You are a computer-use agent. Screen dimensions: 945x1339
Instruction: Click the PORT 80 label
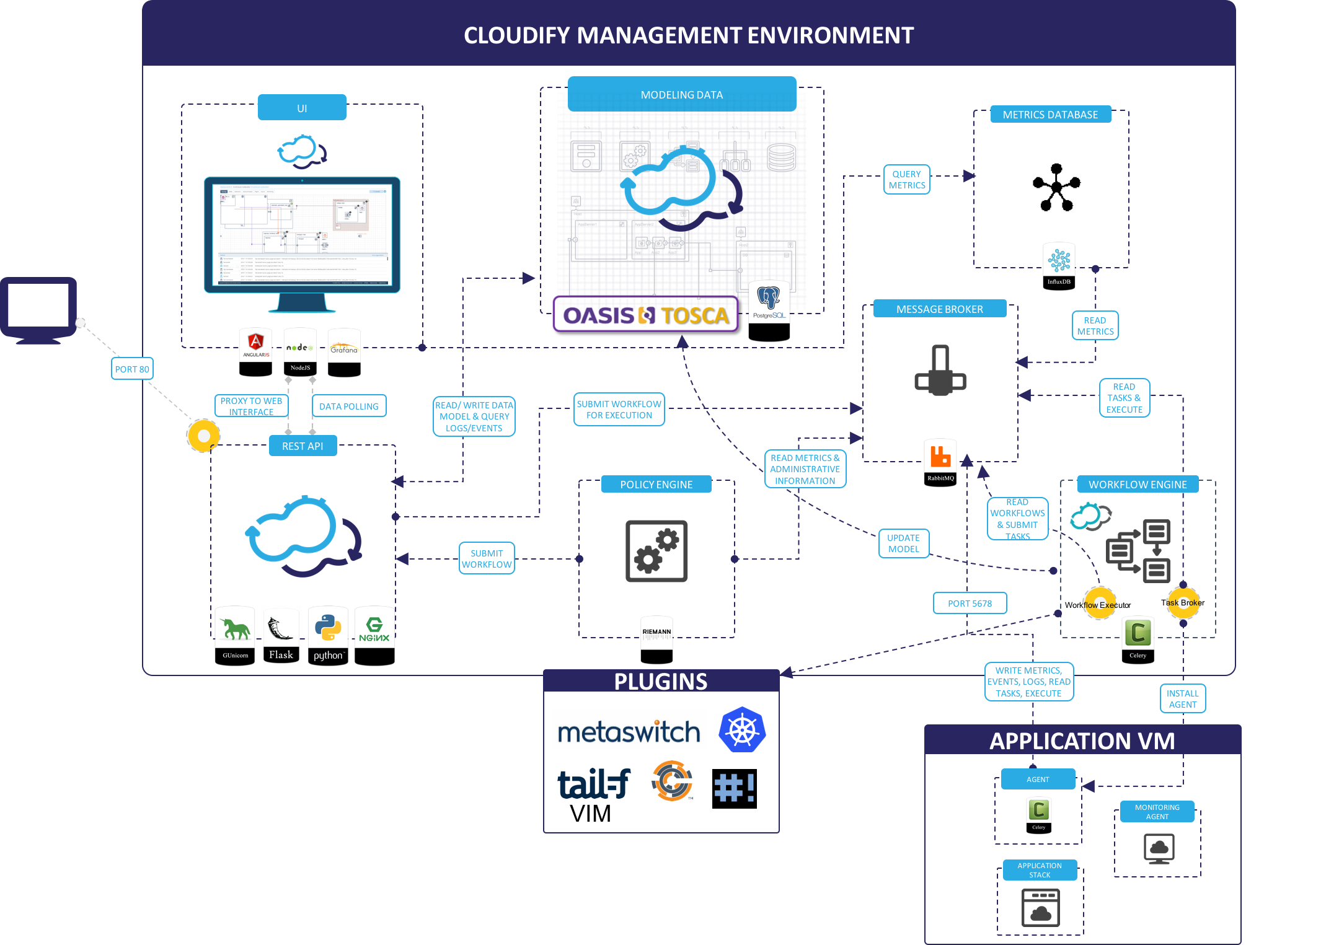[x=132, y=369]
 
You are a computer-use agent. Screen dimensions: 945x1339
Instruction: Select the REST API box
[x=303, y=446]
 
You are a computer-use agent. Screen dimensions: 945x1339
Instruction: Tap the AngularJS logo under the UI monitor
[x=256, y=345]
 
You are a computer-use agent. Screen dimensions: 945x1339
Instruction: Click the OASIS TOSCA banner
[x=645, y=315]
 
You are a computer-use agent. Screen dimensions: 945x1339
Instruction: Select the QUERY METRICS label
[x=906, y=180]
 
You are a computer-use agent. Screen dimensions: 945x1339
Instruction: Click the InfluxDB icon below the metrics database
[x=1059, y=260]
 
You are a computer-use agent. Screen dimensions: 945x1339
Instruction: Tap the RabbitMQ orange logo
[x=940, y=456]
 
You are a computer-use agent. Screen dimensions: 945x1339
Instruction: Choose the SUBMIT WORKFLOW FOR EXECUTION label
[x=619, y=410]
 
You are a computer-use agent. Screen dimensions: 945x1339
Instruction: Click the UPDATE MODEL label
[x=903, y=543]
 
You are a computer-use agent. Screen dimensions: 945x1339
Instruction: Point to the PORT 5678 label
[x=970, y=603]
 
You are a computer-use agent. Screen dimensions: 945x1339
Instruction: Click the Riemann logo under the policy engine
[x=656, y=632]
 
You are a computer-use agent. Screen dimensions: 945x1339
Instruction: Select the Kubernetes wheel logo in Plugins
[x=742, y=730]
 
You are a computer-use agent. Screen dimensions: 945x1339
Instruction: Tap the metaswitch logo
[x=629, y=730]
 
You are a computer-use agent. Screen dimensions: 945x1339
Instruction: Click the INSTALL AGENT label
[x=1182, y=699]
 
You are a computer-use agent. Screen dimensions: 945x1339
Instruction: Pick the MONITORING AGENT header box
[x=1157, y=812]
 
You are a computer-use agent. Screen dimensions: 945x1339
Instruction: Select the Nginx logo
[x=374, y=629]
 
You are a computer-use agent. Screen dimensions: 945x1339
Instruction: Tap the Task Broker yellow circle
[x=1183, y=603]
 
